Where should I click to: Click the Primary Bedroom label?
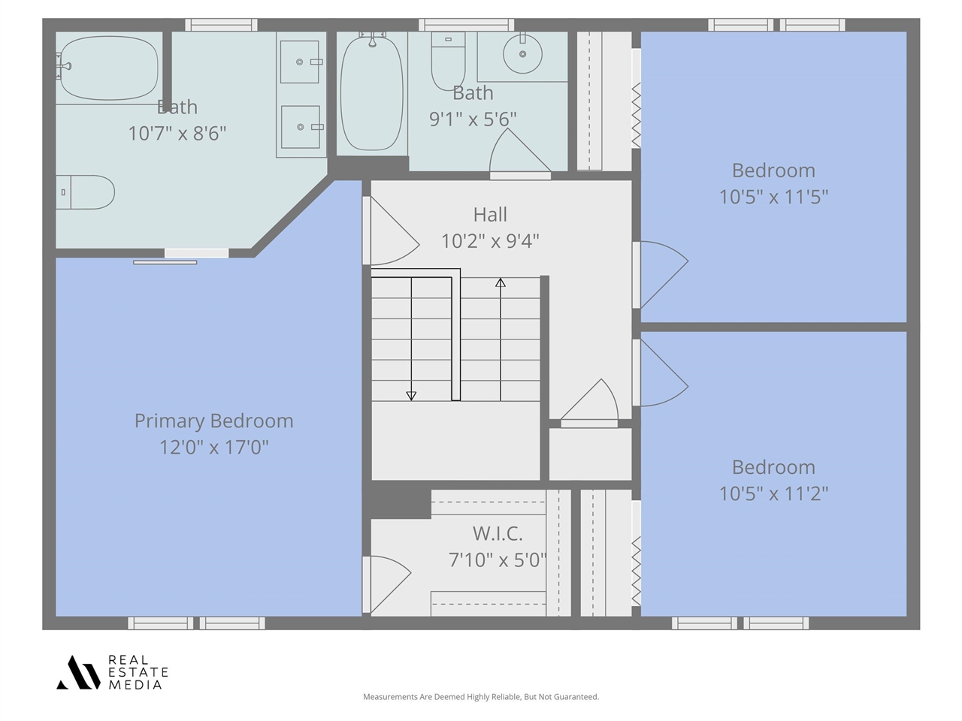(214, 421)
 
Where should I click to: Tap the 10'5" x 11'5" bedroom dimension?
(773, 197)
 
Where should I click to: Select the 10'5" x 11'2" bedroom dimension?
(773, 493)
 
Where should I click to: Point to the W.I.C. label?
(498, 533)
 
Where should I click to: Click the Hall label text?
(490, 215)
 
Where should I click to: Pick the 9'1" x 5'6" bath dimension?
(473, 119)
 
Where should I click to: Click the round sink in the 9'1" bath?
(522, 54)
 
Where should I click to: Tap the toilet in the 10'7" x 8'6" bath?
(86, 192)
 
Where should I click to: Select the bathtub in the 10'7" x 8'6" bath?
(108, 68)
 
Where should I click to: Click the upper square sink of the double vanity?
(300, 62)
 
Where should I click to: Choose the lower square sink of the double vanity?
(301, 127)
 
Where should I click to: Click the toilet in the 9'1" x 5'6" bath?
(448, 62)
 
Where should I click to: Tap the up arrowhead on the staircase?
(501, 282)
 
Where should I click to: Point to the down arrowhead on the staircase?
(411, 396)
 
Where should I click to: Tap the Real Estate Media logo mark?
(78, 672)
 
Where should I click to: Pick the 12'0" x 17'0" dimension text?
(214, 448)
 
